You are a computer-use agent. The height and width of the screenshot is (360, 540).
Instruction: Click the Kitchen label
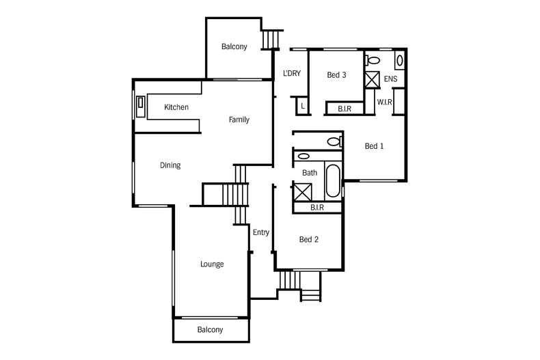pyautogui.click(x=176, y=107)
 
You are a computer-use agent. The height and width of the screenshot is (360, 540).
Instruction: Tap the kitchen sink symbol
pyautogui.click(x=141, y=104)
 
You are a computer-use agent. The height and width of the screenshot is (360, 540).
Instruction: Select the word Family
pyautogui.click(x=239, y=120)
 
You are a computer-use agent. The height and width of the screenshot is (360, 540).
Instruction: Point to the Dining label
pyautogui.click(x=170, y=165)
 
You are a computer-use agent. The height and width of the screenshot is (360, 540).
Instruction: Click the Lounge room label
pyautogui.click(x=212, y=264)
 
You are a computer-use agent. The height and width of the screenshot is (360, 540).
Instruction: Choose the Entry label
pyautogui.click(x=261, y=232)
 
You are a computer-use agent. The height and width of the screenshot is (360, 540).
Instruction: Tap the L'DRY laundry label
pyautogui.click(x=292, y=74)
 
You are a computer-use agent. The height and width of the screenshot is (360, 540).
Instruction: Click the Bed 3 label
pyautogui.click(x=336, y=75)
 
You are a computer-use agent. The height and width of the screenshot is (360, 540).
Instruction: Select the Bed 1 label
pyautogui.click(x=374, y=146)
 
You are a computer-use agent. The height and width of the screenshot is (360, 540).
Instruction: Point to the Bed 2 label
pyautogui.click(x=309, y=239)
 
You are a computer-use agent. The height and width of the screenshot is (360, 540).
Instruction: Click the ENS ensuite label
pyautogui.click(x=390, y=79)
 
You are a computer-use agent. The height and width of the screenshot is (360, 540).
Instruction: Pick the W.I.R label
pyautogui.click(x=384, y=102)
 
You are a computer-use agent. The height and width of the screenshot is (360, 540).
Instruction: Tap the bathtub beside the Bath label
pyautogui.click(x=332, y=180)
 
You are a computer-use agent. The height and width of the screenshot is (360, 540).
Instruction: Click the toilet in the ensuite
pyautogui.click(x=373, y=60)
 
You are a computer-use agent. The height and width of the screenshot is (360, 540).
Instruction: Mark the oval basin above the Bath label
pyautogui.click(x=304, y=156)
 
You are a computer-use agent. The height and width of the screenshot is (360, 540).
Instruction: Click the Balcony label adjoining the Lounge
pyautogui.click(x=210, y=329)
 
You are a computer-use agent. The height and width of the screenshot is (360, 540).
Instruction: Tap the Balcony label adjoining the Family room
pyautogui.click(x=234, y=46)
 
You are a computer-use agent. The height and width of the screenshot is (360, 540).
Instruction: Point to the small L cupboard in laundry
pyautogui.click(x=302, y=106)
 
